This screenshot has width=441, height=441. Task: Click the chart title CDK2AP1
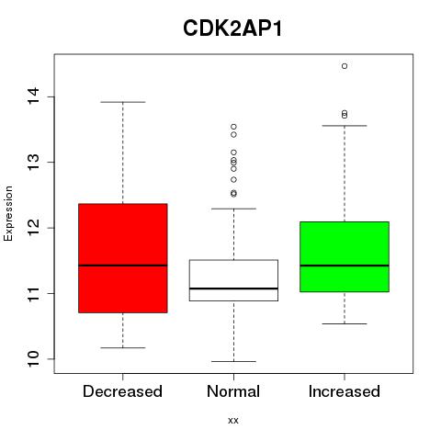[x=232, y=28]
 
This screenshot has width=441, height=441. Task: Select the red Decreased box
[x=123, y=258]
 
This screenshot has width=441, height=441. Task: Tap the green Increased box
[x=345, y=256]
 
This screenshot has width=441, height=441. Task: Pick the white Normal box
[x=233, y=280]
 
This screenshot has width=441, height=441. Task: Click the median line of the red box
[x=123, y=266]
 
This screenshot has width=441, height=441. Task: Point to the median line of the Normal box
[x=233, y=288]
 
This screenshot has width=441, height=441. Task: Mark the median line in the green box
[x=345, y=266]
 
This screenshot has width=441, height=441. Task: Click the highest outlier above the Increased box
[x=345, y=66]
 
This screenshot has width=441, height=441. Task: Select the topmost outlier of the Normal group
[x=233, y=127]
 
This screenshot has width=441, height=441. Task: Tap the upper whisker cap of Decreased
[x=123, y=102]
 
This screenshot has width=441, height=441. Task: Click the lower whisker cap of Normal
[x=233, y=361]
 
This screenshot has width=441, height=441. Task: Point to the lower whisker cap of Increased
[x=345, y=323]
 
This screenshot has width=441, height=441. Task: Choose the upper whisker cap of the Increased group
[x=345, y=126]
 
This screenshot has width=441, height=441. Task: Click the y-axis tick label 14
[x=33, y=96]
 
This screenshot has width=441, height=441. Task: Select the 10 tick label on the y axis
[x=33, y=358]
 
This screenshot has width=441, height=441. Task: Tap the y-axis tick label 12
[x=33, y=228]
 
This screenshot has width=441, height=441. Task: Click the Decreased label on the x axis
[x=122, y=391]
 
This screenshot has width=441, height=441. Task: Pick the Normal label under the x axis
[x=233, y=391]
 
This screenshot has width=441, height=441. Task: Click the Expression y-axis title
[x=8, y=214]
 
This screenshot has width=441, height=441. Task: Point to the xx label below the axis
[x=233, y=421]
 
